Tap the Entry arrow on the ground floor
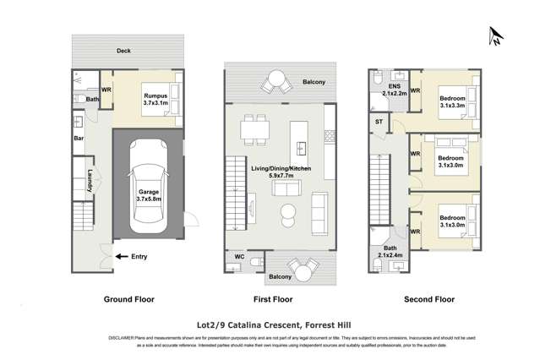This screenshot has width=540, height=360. point(120,257)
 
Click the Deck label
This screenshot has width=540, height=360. point(124,52)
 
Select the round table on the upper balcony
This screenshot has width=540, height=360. point(277,81)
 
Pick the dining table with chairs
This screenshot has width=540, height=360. point(250,130)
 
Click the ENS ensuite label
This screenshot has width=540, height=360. point(394,90)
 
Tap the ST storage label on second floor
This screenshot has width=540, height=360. point(378,123)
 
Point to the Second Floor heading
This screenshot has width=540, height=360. point(429,299)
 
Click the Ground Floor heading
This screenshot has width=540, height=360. point(127,299)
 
